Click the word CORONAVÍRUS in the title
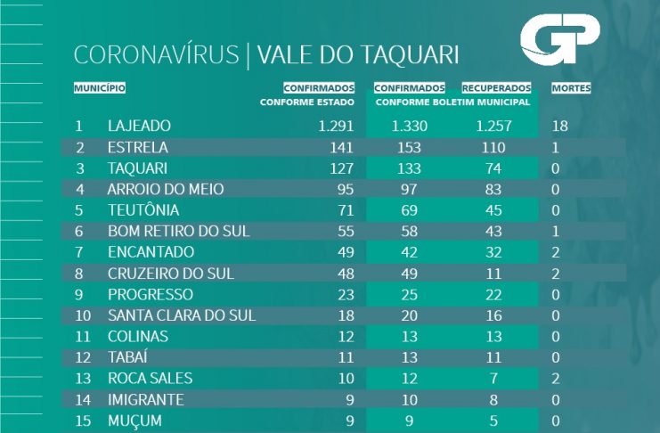click(157, 55)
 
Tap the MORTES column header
click(571, 88)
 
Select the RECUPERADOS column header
click(496, 88)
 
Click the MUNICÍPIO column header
click(100, 88)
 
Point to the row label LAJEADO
click(138, 126)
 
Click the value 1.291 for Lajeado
click(336, 126)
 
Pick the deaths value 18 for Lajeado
click(560, 126)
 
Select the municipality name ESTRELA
click(137, 147)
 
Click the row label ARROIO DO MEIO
click(165, 189)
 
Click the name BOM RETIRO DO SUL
click(178, 231)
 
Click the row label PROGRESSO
click(150, 294)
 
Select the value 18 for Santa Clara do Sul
click(346, 315)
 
